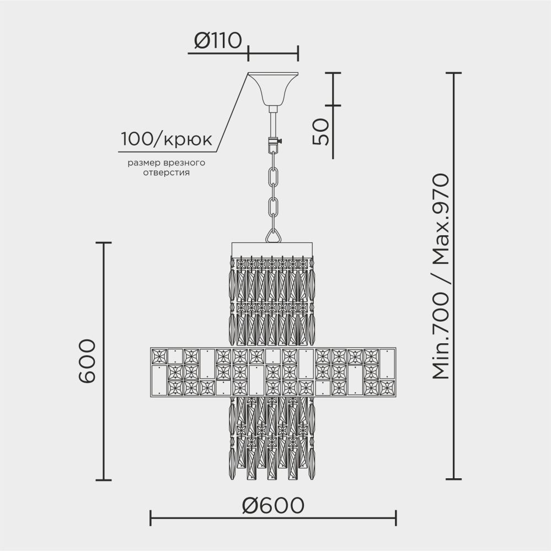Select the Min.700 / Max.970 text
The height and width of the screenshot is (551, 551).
(441, 277)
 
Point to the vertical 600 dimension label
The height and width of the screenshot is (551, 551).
(87, 361)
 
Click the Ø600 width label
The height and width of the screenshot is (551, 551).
(273, 505)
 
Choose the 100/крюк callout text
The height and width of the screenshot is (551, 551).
(166, 139)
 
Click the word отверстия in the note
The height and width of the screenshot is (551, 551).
(166, 172)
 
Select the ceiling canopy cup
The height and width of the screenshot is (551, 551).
(272, 88)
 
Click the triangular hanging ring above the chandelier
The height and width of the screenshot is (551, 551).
(272, 236)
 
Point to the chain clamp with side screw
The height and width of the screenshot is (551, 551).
(272, 144)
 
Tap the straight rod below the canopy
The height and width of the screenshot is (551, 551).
(272, 121)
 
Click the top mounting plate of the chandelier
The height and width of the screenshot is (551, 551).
(272, 249)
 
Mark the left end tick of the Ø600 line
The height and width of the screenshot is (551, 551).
(151, 517)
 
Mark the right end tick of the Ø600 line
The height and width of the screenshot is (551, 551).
(395, 517)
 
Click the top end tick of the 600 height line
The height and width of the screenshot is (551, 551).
(104, 242)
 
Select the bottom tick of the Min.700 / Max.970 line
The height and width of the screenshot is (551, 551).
(453, 480)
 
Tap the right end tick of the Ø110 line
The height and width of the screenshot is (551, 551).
(298, 53)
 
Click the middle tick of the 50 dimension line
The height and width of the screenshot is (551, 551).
(333, 105)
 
